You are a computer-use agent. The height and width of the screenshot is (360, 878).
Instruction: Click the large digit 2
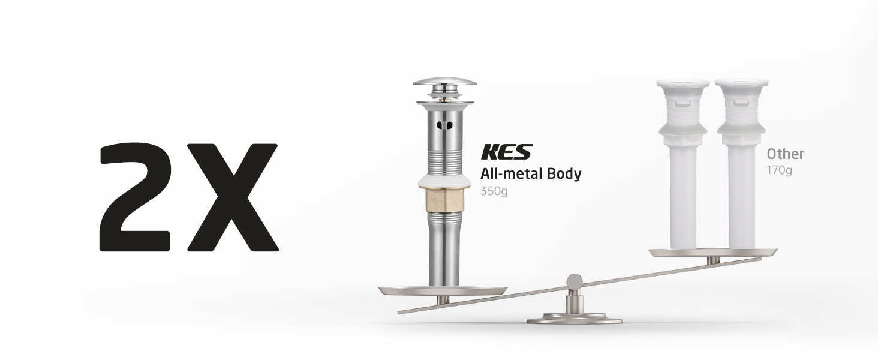[x=135, y=197]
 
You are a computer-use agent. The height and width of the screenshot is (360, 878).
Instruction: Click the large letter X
[x=233, y=197]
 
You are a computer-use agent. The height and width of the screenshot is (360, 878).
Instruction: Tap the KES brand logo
[x=507, y=152]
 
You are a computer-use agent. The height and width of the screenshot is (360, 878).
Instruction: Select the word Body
[x=564, y=174]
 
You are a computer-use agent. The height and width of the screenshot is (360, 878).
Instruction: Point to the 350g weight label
[x=494, y=191]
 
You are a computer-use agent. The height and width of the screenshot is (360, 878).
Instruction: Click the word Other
[x=785, y=154]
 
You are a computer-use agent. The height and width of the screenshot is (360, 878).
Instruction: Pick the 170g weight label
[x=779, y=170]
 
